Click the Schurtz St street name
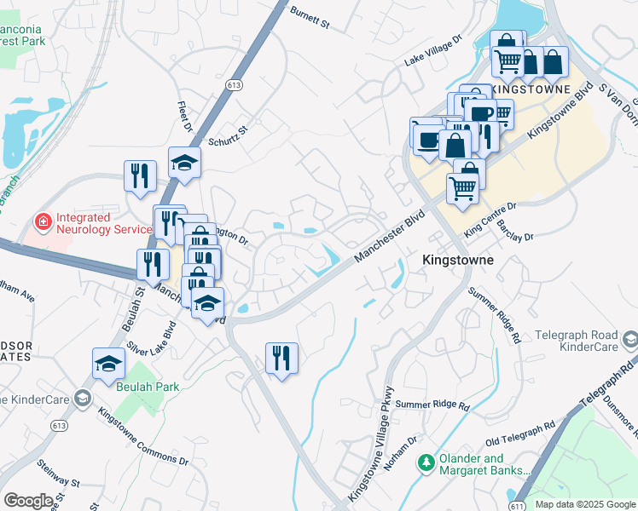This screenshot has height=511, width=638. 228,135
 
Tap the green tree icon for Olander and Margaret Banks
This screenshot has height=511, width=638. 425,462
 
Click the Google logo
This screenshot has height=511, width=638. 28,501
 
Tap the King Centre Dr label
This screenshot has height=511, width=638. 490,219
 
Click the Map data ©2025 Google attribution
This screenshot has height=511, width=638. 584,504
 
